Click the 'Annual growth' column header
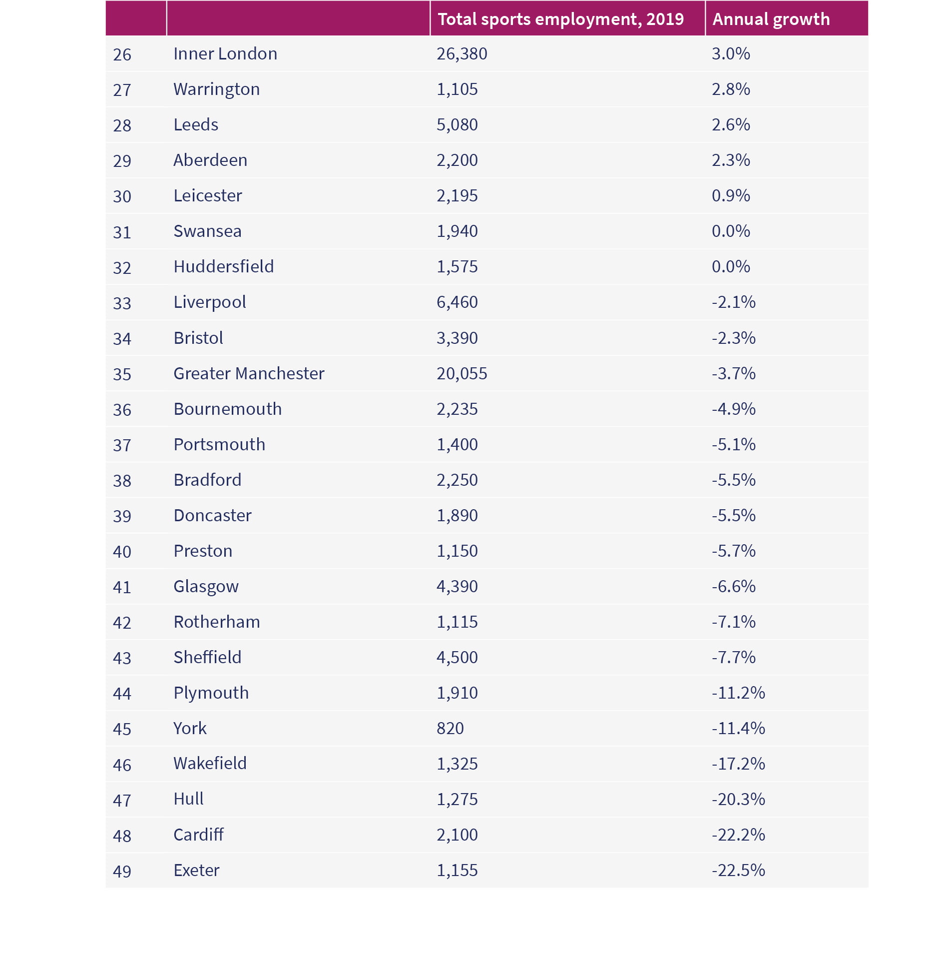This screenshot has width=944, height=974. pyautogui.click(x=771, y=19)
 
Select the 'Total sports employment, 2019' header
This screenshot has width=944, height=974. pyautogui.click(x=560, y=19)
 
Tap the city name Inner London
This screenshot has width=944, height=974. pyautogui.click(x=225, y=53)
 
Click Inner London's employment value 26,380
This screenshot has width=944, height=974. pyautogui.click(x=462, y=54)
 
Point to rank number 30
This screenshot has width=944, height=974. pyautogui.click(x=122, y=196)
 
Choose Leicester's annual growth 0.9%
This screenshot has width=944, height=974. pyautogui.click(x=731, y=195)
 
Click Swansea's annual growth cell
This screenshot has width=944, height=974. pyautogui.click(x=731, y=231)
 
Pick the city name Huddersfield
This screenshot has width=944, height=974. pyautogui.click(x=223, y=266)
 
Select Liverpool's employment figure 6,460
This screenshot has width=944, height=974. pyautogui.click(x=457, y=302)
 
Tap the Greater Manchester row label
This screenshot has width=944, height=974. pyautogui.click(x=249, y=373)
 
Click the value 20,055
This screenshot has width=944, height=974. pyautogui.click(x=462, y=374)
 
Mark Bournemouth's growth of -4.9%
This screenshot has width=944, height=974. pyautogui.click(x=733, y=409)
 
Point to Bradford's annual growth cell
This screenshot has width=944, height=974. pyautogui.click(x=733, y=480)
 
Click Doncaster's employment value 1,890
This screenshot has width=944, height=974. pyautogui.click(x=457, y=516)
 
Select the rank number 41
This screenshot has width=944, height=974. pyautogui.click(x=122, y=587)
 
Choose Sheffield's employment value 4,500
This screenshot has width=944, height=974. pyautogui.click(x=457, y=658)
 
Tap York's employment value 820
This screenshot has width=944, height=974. pyautogui.click(x=450, y=728)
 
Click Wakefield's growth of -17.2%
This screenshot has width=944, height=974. pyautogui.click(x=738, y=764)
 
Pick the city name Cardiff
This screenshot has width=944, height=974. pyautogui.click(x=198, y=835)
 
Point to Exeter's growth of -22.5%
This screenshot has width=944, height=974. pyautogui.click(x=738, y=870)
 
